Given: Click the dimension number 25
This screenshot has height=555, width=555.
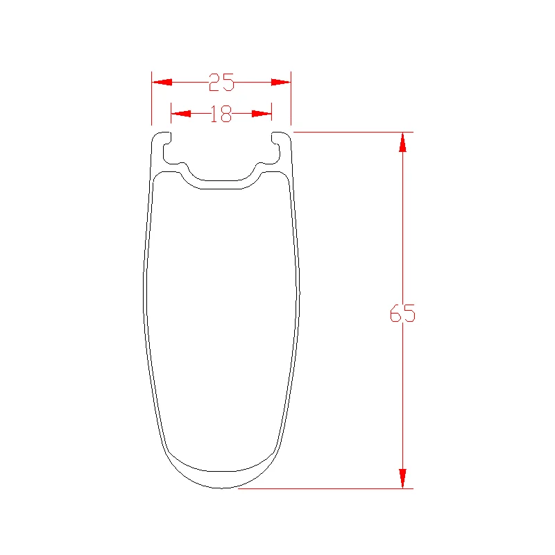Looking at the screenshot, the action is (221, 82).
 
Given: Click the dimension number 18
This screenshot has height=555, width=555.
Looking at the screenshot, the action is (221, 114).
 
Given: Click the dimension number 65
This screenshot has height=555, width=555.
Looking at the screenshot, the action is (402, 314).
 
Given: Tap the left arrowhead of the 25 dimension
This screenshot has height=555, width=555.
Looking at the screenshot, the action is (162, 82).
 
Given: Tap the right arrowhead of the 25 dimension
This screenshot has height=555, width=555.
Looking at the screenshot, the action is (281, 82).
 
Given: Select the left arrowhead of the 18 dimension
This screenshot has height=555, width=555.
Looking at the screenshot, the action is (181, 114).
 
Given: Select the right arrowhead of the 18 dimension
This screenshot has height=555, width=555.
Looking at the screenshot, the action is (262, 114).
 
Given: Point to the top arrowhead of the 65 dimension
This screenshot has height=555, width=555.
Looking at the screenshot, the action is (402, 142).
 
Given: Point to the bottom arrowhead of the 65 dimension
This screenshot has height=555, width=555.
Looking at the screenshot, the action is (402, 479).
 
